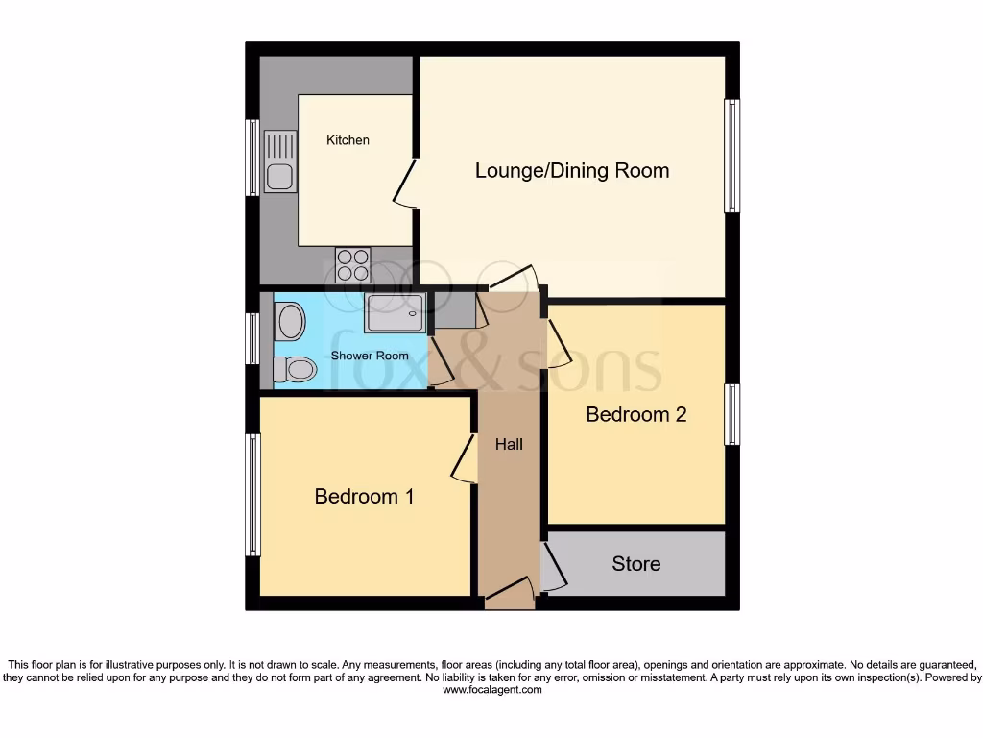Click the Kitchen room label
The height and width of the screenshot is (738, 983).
(348, 140)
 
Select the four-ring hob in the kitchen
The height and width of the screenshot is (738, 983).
(352, 264)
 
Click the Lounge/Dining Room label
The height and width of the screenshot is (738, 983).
(572, 171)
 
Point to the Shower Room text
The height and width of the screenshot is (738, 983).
(370, 356)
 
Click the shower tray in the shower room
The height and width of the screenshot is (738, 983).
(395, 313)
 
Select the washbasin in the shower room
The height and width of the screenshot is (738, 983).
(289, 321)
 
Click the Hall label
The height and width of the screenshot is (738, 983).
(509, 444)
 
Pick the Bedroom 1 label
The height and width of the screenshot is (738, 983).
(364, 497)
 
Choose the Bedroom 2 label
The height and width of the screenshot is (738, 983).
(636, 415)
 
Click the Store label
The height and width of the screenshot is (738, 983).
(635, 564)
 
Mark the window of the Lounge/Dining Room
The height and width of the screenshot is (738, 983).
(731, 156)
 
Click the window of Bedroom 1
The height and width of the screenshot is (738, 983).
(253, 495)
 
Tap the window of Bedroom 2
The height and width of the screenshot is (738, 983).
(731, 414)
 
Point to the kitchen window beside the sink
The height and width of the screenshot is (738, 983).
(252, 157)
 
